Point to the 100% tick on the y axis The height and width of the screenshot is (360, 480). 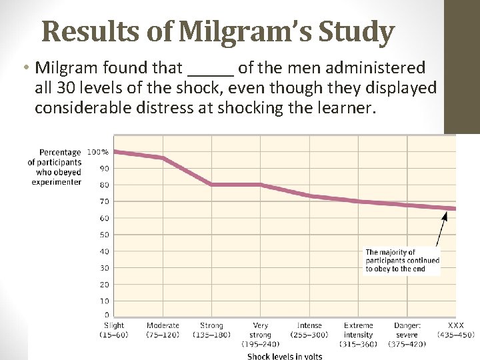click(x=98, y=152)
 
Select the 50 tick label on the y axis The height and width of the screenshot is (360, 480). click(x=105, y=235)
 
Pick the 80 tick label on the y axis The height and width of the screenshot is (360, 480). click(x=105, y=185)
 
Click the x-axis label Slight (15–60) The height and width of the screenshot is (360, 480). click(x=114, y=330)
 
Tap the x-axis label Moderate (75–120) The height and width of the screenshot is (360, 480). click(x=163, y=330)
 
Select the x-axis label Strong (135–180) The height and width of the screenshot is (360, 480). click(x=211, y=330)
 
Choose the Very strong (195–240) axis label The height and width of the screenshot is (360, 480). click(x=260, y=335)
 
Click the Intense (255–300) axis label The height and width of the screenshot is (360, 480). click(x=309, y=330)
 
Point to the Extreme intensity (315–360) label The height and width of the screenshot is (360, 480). click(x=358, y=335)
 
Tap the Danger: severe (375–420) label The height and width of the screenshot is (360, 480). click(x=407, y=335)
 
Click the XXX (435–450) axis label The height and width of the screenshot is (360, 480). click(x=456, y=330)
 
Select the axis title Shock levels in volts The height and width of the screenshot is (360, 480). click(x=285, y=356)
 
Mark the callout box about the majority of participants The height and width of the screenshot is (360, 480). click(x=402, y=261)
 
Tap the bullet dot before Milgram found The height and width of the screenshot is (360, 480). click(x=25, y=68)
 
